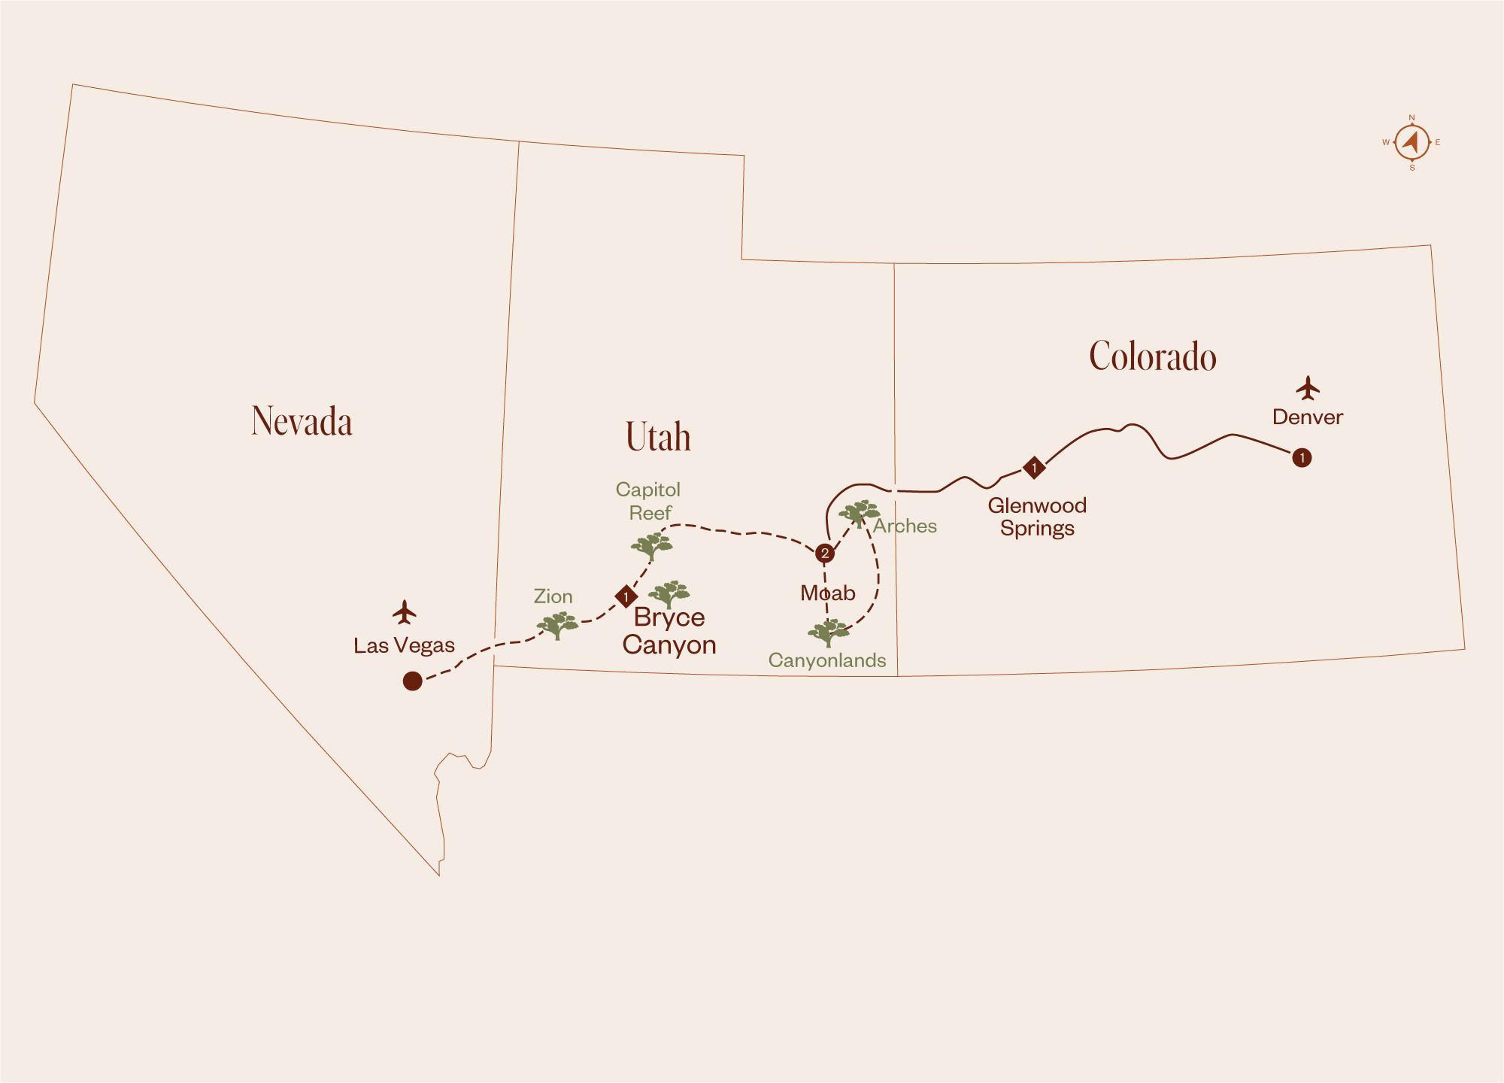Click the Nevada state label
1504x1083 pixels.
point(302,421)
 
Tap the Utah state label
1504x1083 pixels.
point(658,438)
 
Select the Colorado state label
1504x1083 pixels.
point(1152,356)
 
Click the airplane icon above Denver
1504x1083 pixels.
point(1308,389)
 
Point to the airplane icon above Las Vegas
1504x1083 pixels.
point(405,612)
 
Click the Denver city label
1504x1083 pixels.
point(1307,417)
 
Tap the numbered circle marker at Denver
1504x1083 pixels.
point(1302,457)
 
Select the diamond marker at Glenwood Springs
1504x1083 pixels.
point(1034,468)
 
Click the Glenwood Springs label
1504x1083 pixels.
point(1037,517)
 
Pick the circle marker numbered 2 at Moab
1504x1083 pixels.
point(825,554)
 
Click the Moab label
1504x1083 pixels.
point(827,593)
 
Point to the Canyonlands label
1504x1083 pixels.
point(826,661)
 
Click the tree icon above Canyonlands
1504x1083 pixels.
point(827,633)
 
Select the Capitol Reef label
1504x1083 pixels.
point(648,501)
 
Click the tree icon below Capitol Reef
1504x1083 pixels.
point(651,546)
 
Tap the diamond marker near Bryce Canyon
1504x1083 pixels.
point(626,596)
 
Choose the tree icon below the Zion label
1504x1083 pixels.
point(556,625)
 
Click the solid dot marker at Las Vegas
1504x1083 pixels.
point(412,681)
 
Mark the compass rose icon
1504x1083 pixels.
point(1412,142)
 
